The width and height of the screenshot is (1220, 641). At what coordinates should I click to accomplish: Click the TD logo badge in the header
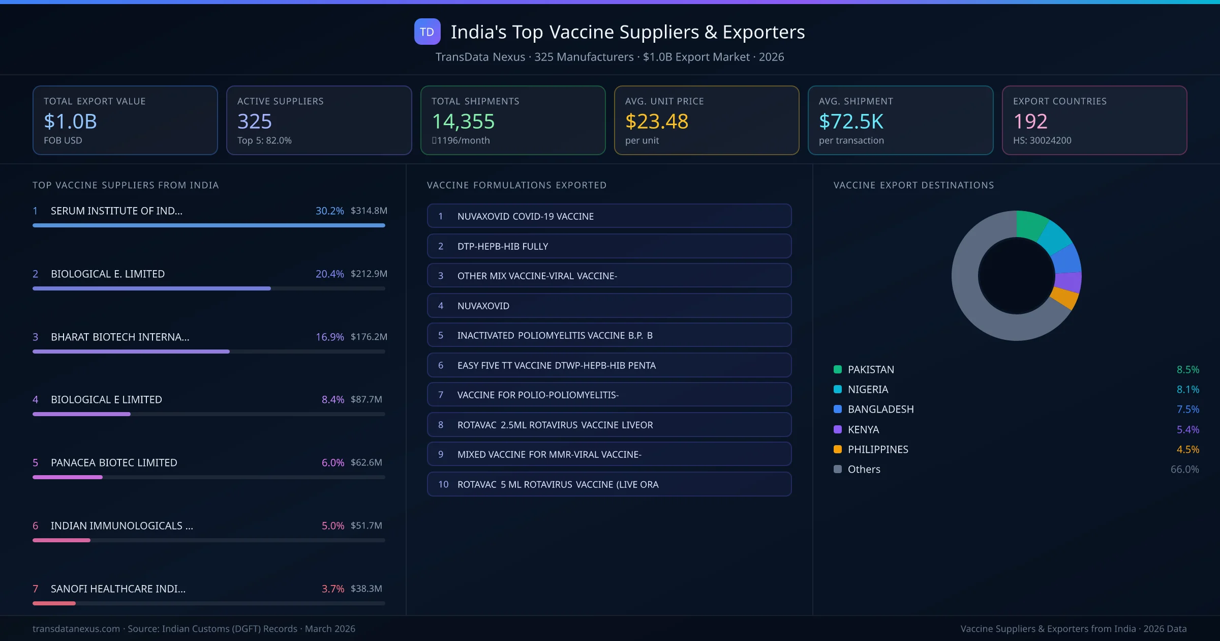427,32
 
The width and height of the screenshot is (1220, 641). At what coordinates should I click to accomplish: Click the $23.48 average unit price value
656,121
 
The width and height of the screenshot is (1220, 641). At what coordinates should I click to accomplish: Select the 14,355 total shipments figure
463,121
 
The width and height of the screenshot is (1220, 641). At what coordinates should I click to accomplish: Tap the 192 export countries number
1030,121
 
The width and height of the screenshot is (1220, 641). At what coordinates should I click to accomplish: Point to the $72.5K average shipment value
851,121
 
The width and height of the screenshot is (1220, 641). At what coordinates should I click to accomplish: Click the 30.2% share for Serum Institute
329,211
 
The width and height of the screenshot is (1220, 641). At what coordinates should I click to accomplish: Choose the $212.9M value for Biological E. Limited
369,274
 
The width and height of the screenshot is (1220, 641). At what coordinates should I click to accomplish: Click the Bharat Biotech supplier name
120,337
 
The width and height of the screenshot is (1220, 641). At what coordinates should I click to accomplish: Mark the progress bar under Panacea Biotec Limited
68,477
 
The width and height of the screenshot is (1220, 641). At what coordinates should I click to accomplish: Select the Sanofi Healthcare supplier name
118,589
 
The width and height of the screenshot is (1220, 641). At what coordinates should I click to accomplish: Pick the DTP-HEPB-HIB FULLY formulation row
609,246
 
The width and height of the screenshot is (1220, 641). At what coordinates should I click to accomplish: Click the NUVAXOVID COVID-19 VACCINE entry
525,216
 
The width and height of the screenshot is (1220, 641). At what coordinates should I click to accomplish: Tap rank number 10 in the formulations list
443,484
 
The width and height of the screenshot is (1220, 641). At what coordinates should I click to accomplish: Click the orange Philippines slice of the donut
1065,297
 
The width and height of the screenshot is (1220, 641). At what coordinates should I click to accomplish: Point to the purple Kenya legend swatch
838,429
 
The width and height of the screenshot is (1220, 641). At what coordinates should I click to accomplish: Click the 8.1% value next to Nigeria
1187,389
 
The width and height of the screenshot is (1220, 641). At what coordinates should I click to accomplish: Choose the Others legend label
864,469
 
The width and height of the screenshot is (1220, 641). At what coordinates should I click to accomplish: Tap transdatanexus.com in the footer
76,629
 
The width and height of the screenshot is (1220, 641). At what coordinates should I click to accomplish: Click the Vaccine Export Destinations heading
913,185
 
